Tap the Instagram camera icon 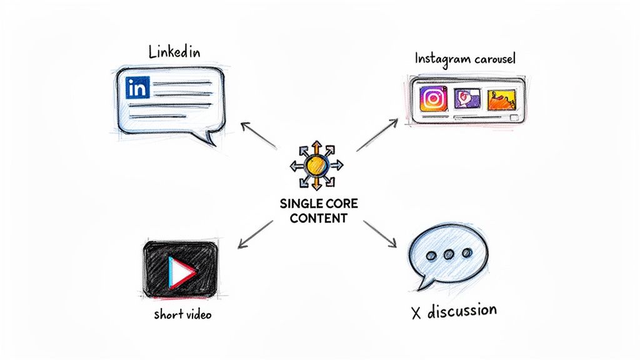(432, 99)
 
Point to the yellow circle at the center (317, 165)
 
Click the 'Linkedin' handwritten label (174, 52)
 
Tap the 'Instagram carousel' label (464, 59)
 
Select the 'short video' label (182, 314)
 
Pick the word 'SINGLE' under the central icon (302, 204)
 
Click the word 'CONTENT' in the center (317, 219)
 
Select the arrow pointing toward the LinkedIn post (257, 136)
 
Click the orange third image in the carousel (503, 99)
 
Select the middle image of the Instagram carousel (467, 99)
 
